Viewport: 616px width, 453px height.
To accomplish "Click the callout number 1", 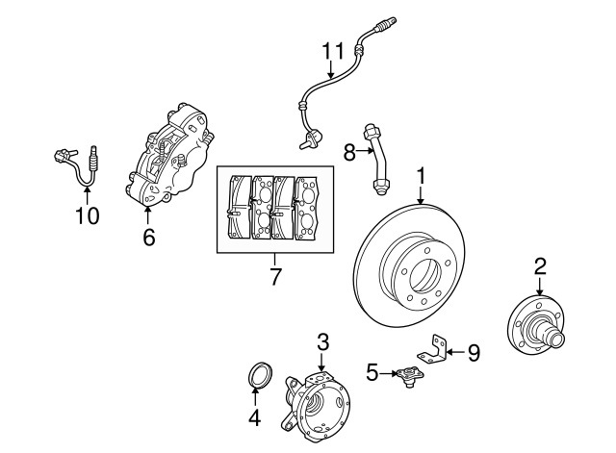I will click(x=421, y=177).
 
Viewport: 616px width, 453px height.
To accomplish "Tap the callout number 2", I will click(x=540, y=265).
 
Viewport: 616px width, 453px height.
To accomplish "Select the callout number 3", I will click(x=323, y=340).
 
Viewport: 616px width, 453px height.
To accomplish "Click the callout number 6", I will click(x=148, y=236).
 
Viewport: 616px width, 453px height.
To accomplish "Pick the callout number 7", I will click(x=274, y=278).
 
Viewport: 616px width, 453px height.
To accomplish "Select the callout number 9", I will click(x=473, y=353).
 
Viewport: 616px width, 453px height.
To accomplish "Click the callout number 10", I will click(x=87, y=216).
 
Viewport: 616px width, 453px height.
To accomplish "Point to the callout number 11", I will click(x=332, y=50).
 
